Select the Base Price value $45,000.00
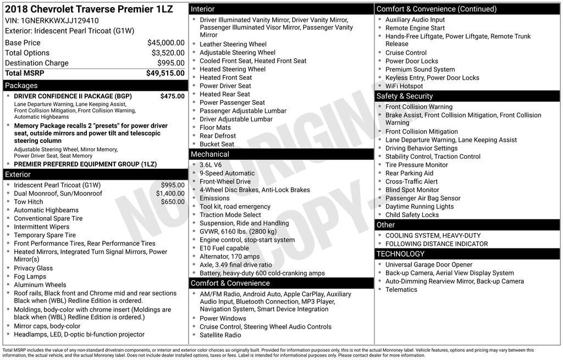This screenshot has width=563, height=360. tap(165, 42)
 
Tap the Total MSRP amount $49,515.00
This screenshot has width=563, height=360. tap(165, 73)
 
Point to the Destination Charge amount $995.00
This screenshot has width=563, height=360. tap(170, 63)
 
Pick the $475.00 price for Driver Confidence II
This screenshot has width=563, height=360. tap(172, 96)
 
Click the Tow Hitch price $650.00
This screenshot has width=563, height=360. tap(173, 202)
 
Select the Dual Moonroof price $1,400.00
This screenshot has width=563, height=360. tap(170, 193)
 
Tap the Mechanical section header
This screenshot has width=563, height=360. tap(210, 154)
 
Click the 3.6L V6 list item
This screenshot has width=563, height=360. tap(211, 165)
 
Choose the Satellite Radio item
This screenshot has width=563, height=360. tap(220, 335)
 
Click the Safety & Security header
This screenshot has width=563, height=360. tap(405, 96)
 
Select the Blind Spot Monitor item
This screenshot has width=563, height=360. tap(412, 190)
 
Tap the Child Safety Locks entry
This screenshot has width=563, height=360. tap(412, 215)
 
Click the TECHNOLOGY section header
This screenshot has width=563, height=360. tap(400, 254)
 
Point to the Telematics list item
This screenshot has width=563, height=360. tap(401, 290)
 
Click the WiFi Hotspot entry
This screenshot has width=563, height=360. tap(404, 86)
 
